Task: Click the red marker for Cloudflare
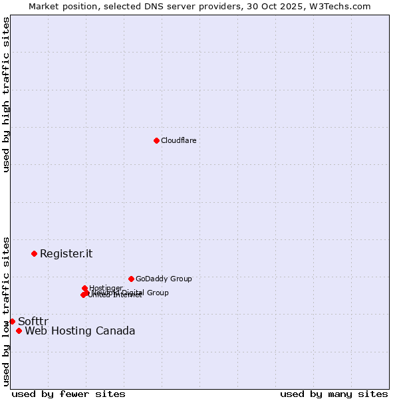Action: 156,140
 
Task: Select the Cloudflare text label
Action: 178,140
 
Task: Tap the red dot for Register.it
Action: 34,253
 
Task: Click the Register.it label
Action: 66,253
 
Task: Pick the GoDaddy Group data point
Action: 131,279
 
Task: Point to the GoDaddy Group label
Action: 164,279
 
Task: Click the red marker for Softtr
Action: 12,321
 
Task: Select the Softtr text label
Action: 33,321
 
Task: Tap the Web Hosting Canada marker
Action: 19,331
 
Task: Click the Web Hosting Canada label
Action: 80,331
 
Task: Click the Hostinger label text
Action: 106,288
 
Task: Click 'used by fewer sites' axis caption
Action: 68,394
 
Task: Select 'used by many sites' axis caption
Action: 334,394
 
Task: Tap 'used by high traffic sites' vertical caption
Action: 6,94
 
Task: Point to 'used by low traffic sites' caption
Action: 6,311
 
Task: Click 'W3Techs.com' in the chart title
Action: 344,6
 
